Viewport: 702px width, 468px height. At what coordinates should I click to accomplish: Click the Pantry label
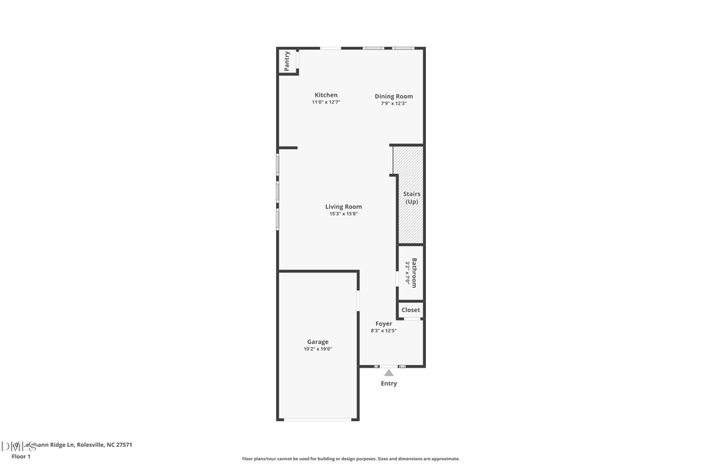[x=287, y=62]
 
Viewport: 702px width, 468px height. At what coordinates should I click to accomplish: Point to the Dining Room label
[x=394, y=97]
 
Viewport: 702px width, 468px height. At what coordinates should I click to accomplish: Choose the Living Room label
[x=343, y=207]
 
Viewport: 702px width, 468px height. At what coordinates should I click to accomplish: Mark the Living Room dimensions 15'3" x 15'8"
[x=343, y=214]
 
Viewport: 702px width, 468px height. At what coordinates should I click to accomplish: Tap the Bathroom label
[x=414, y=272]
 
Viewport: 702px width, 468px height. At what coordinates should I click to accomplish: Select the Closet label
[x=411, y=310]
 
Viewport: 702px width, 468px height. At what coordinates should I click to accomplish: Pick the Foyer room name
[x=384, y=324]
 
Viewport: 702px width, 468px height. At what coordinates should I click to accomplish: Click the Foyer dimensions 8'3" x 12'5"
[x=384, y=331]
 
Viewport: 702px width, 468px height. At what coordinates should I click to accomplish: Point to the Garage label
[x=317, y=342]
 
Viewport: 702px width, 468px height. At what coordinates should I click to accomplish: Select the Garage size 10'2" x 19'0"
[x=317, y=349]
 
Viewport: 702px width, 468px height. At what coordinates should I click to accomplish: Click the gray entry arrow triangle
[x=388, y=373]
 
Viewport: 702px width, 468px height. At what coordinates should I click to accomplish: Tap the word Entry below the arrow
[x=388, y=383]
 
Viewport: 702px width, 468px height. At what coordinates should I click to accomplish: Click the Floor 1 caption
[x=21, y=456]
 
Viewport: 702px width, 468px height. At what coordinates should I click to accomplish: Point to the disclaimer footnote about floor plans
[x=350, y=459]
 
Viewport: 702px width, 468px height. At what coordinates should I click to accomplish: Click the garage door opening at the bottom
[x=317, y=420]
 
